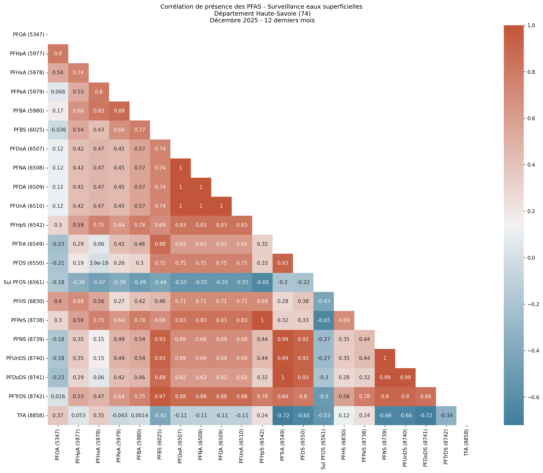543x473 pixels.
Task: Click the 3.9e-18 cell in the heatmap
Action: coord(99,263)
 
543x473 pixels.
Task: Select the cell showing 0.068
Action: coord(58,92)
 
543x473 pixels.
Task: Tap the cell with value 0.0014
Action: coord(140,416)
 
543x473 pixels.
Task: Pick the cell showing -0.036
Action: coord(58,130)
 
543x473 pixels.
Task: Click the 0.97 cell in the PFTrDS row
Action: coord(160,397)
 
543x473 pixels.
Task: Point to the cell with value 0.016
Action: coord(58,397)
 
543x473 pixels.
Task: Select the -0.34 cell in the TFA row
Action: coord(446,416)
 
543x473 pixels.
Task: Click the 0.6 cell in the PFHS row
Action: coord(58,301)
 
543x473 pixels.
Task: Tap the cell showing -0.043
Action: coord(119,416)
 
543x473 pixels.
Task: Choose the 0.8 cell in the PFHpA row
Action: coord(58,54)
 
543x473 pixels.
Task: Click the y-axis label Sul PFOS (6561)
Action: coord(24,282)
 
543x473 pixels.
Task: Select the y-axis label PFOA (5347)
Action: coord(29,35)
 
